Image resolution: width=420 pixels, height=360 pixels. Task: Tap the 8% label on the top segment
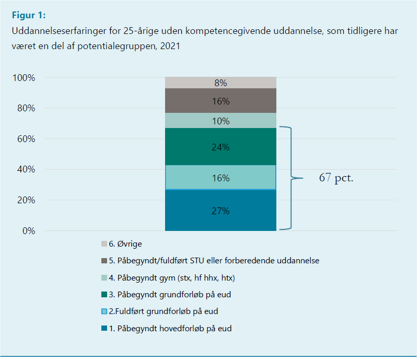pyautogui.click(x=220, y=83)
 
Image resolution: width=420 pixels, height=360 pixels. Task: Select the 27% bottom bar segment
pyautogui.click(x=220, y=210)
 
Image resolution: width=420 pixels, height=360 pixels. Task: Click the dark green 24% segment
pyautogui.click(x=220, y=146)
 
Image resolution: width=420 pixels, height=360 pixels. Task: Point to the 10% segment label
pyautogui.click(x=220, y=121)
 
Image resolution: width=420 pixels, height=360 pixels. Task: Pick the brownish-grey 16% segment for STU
pyautogui.click(x=220, y=101)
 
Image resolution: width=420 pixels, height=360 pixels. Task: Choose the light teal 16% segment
pyautogui.click(x=220, y=178)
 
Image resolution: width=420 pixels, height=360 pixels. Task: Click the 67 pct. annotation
pyautogui.click(x=336, y=178)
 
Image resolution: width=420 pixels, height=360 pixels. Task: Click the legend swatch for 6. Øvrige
pyautogui.click(x=104, y=243)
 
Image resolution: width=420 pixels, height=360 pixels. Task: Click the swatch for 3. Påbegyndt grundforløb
pyautogui.click(x=104, y=295)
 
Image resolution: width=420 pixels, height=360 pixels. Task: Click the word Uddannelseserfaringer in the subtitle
pyautogui.click(x=55, y=31)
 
